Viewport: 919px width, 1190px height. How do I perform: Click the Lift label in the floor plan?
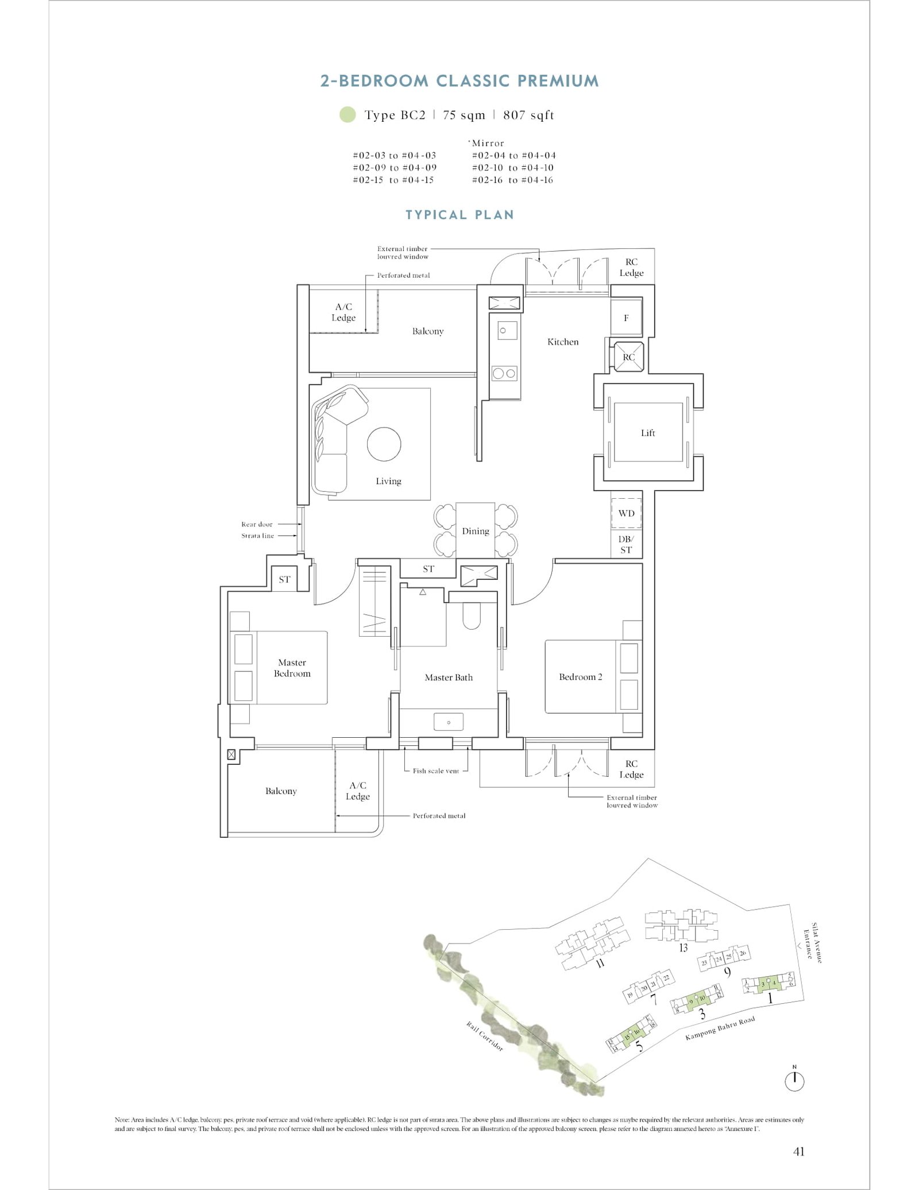[647, 433]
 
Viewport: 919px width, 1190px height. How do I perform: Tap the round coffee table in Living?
[384, 444]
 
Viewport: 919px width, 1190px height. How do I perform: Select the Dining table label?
[475, 531]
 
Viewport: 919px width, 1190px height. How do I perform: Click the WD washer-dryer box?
[626, 513]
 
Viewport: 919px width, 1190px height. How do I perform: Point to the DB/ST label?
[625, 544]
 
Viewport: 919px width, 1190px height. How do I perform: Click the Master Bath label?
[449, 677]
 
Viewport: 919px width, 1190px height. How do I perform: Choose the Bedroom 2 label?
[580, 677]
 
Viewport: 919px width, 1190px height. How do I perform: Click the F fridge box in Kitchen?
[626, 318]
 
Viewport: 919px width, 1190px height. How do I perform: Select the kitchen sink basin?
[504, 331]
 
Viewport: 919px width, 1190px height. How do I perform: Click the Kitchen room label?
[562, 342]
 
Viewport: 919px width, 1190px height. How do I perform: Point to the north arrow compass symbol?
[794, 1081]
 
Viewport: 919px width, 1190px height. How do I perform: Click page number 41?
[798, 1151]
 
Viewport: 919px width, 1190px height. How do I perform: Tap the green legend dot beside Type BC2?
[347, 115]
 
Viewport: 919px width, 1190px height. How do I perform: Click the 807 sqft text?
[528, 115]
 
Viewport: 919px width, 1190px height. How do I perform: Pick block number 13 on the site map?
[683, 948]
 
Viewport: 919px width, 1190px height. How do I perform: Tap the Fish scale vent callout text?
[436, 771]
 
